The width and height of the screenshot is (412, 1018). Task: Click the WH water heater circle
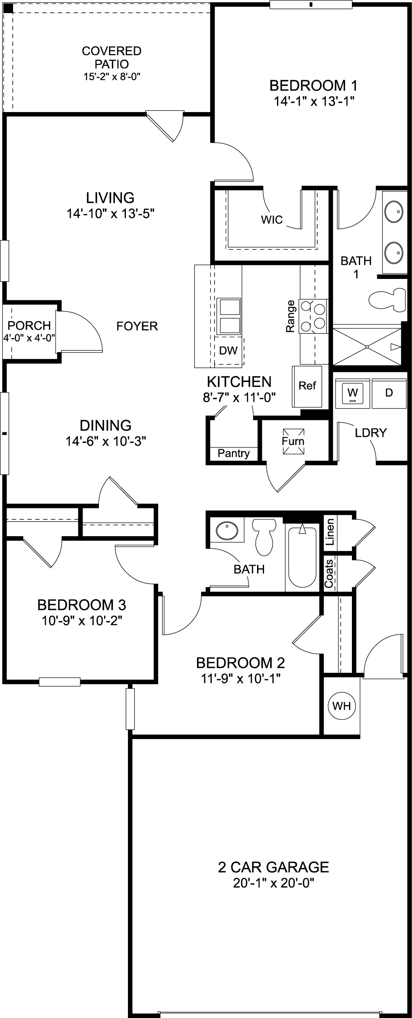tap(342, 706)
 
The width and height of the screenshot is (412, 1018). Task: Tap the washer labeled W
tap(352, 393)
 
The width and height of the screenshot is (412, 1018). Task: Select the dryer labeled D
tap(389, 393)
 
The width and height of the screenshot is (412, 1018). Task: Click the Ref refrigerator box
tap(307, 386)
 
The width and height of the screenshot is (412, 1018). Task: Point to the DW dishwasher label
tap(228, 351)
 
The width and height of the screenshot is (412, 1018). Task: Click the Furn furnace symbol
tap(293, 441)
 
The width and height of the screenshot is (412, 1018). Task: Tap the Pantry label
tap(233, 453)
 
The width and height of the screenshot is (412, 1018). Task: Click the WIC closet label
tap(272, 220)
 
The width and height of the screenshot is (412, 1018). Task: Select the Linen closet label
tap(330, 532)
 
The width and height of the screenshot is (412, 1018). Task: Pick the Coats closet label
tap(329, 573)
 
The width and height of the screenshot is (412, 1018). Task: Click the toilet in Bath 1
tap(386, 301)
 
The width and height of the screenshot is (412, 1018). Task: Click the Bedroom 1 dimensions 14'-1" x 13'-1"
tap(313, 101)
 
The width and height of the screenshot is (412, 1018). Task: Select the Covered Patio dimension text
tap(112, 76)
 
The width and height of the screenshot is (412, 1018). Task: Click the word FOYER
tap(137, 326)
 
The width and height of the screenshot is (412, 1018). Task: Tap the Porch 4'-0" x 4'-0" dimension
tap(29, 338)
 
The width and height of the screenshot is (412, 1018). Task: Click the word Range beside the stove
tap(290, 316)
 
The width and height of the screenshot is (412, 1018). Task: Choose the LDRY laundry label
tap(371, 433)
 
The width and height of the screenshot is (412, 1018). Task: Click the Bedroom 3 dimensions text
tap(82, 621)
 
